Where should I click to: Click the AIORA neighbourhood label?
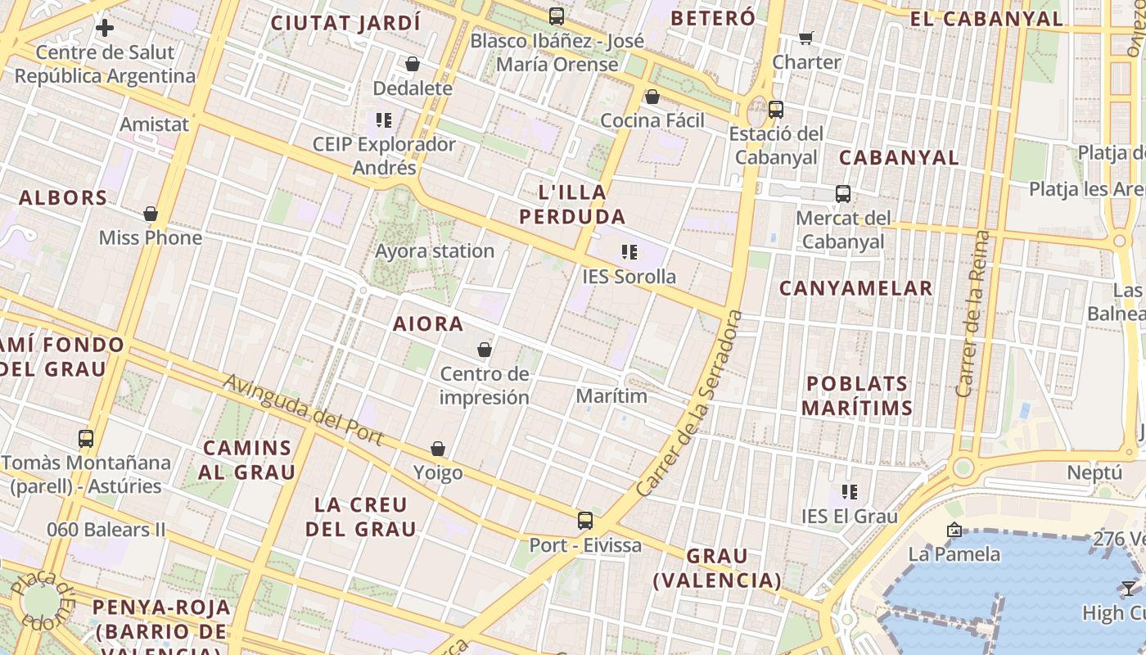428,323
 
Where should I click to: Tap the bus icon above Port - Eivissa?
584,520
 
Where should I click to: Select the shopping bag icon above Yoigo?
438,449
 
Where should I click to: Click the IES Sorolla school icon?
629,252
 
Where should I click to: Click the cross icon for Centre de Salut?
105,29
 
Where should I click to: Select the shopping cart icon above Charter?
806,38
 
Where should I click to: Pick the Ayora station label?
435,251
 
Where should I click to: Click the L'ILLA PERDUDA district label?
572,205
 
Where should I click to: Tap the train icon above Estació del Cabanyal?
775,109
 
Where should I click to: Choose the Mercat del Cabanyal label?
843,230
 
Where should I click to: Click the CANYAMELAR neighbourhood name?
855,288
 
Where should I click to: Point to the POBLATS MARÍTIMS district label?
857,395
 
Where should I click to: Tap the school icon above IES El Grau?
850,492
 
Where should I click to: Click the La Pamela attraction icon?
954,531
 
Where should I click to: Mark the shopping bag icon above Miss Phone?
150,215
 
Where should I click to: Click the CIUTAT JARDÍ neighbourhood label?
345,23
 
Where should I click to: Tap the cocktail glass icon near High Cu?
1128,588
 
